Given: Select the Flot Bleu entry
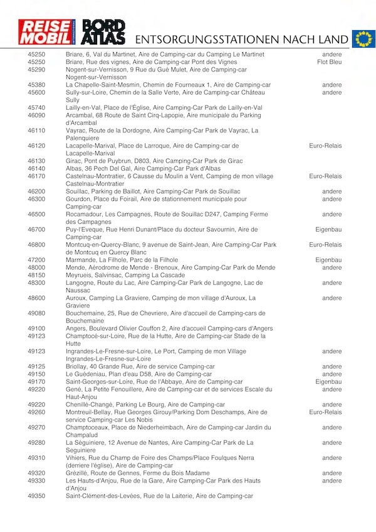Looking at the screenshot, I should pyautogui.click(x=330, y=62).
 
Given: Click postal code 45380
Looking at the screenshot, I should pyautogui.click(x=36, y=85).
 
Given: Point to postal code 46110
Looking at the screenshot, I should pyautogui.click(x=36, y=130).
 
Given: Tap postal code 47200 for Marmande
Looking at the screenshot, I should pyautogui.click(x=36, y=260).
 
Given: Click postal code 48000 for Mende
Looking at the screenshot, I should pyautogui.click(x=36, y=267).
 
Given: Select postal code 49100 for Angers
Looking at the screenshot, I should pyautogui.click(x=36, y=328).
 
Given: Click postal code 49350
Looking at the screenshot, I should pyautogui.click(x=36, y=496).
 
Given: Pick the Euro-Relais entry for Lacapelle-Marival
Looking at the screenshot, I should pyautogui.click(x=325, y=146).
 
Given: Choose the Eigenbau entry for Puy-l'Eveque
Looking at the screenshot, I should pyautogui.click(x=328, y=230).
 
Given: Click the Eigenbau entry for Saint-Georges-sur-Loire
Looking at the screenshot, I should pyautogui.click(x=328, y=381).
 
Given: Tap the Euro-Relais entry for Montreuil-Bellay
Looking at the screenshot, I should pyautogui.click(x=325, y=412).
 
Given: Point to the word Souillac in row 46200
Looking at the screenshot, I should pyautogui.click(x=79, y=191).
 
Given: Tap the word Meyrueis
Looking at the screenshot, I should pyautogui.click(x=80, y=275).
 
